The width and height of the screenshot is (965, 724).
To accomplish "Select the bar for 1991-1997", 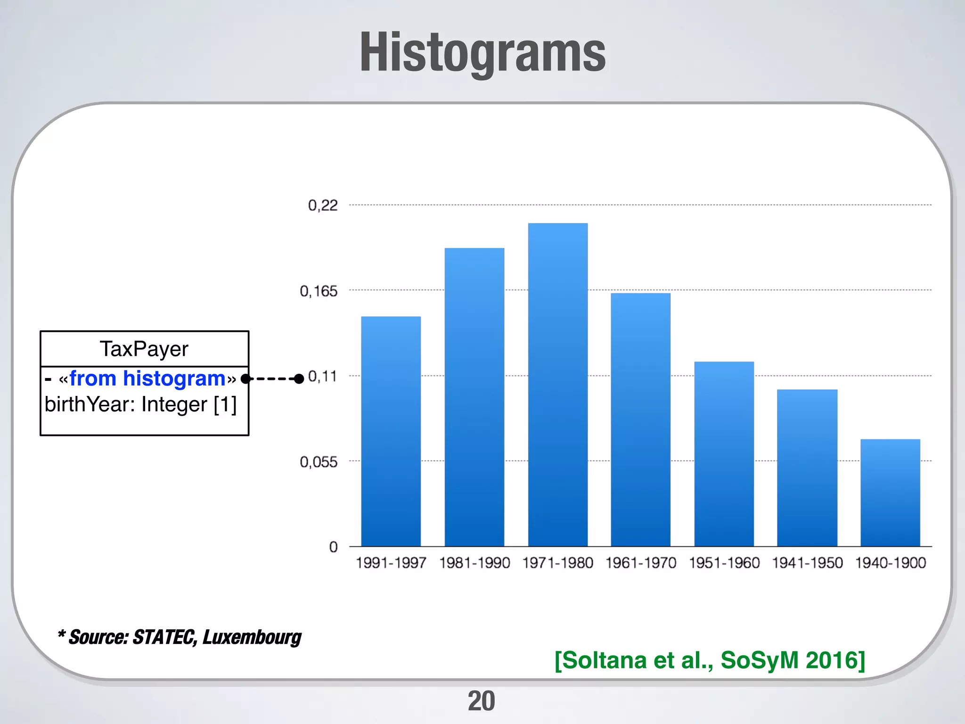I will coord(391,431).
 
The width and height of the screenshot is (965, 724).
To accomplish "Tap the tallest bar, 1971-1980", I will coord(557,384).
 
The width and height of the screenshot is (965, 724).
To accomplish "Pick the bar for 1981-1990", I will coord(474,397).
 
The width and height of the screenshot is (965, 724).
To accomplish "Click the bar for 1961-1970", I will coord(640,420).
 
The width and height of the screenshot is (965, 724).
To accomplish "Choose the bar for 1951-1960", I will coord(724,453).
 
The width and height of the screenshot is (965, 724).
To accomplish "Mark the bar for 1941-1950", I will coord(807,468).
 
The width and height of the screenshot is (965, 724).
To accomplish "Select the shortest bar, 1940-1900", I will coord(890,493).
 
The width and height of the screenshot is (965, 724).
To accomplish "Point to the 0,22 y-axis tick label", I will coord(323,205).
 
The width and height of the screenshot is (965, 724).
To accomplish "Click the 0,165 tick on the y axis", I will coord(319,291).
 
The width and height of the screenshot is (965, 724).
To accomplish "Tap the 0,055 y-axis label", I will coord(319,461).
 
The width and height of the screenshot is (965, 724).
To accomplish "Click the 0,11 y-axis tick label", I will coord(323,376).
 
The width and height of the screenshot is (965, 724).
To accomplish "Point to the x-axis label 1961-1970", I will coord(640,562).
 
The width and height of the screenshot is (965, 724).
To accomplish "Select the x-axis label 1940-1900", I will coord(890,562).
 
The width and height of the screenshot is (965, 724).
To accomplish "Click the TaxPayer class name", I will coord(144,349).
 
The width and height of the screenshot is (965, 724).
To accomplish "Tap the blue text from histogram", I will coord(147,378).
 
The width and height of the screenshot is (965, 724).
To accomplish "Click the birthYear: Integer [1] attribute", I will coord(140,404).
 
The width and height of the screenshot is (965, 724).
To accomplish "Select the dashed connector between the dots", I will coord(272,378).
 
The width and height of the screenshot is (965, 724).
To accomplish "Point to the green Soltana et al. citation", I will coord(710,660).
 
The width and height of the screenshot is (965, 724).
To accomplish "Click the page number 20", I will coord(481,701).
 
